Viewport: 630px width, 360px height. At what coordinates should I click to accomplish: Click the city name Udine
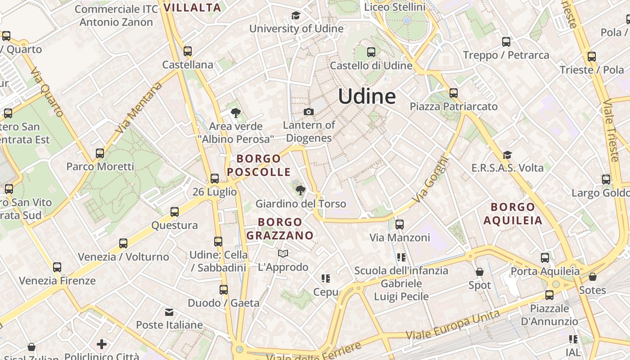(x=367, y=96)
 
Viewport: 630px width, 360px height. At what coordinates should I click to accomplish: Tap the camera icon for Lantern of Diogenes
(x=309, y=112)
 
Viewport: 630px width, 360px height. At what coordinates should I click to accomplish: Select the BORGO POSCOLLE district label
(x=259, y=165)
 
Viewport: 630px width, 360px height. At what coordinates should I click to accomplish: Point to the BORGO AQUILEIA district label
(x=513, y=214)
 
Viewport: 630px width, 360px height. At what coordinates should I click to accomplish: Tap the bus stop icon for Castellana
(x=188, y=51)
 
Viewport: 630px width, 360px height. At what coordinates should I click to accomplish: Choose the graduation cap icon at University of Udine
(x=296, y=16)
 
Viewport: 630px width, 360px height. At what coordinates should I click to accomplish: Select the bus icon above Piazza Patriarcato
(x=454, y=93)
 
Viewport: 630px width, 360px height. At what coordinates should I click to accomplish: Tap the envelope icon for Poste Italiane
(x=169, y=312)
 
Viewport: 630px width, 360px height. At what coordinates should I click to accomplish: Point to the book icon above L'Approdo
(x=283, y=254)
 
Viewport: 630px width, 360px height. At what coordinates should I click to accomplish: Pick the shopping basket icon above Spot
(x=480, y=272)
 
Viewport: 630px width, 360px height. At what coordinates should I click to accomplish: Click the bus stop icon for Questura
(x=175, y=212)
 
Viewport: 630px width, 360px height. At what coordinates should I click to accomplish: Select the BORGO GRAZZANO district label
(x=280, y=229)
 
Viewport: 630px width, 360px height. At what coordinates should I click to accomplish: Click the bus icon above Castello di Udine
(x=371, y=52)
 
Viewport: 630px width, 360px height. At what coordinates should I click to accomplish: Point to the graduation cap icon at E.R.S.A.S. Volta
(x=507, y=155)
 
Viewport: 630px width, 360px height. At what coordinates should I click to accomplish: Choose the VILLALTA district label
(x=192, y=7)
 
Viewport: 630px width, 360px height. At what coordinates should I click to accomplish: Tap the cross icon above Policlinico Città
(x=102, y=344)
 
